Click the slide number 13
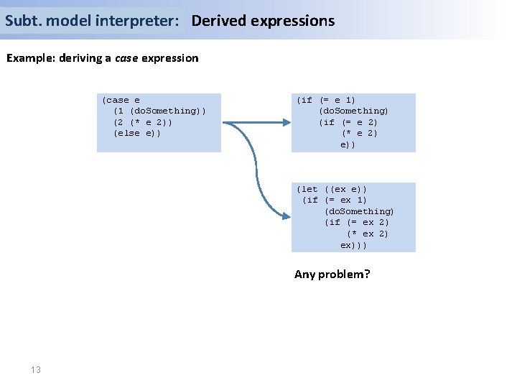point(36,369)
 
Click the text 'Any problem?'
point(332,274)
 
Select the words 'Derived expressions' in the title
point(263,21)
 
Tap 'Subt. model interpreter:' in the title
point(92,21)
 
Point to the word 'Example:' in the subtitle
point(29,58)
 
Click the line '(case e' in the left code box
point(121,100)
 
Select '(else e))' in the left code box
point(137,133)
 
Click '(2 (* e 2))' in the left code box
point(143,122)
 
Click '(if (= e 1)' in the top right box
point(326,100)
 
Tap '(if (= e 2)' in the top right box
point(348,122)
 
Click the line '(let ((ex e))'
point(332,189)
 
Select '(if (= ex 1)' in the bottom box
point(335,200)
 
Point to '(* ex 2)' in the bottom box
point(368,234)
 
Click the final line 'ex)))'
point(354,245)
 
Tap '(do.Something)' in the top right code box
point(354,111)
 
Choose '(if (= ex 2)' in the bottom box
point(357,222)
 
